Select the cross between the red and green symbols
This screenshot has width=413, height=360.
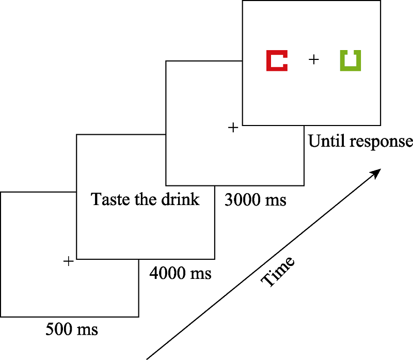tap(313, 60)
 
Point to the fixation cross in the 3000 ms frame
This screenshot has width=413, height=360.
tap(233, 127)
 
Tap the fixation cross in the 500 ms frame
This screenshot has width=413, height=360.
tap(68, 261)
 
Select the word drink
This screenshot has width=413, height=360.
tap(181, 199)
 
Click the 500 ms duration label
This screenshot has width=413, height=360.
tap(72, 328)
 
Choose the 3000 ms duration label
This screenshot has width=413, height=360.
tap(255, 199)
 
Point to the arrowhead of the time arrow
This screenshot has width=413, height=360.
tap(379, 171)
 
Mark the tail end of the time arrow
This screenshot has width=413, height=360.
tap(148, 357)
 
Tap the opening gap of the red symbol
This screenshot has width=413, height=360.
tap(282, 60)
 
